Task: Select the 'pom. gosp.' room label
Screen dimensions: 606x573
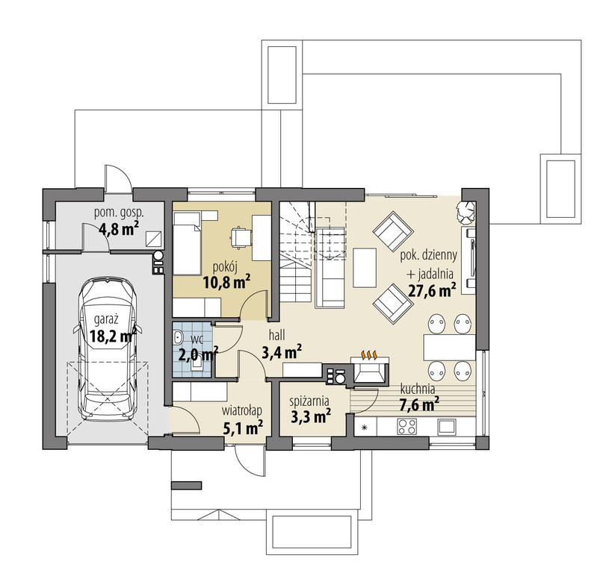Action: [119, 212]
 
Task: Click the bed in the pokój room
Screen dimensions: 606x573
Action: [187, 244]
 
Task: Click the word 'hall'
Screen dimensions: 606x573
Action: [276, 335]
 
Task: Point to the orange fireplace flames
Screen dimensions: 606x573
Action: [368, 355]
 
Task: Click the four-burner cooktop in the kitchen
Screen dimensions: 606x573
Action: [406, 426]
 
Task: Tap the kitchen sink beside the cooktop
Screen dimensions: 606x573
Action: [448, 426]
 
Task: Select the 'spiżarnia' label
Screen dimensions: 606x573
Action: [309, 402]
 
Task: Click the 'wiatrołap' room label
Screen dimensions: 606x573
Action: [242, 411]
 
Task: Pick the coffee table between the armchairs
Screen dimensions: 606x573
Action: [365, 267]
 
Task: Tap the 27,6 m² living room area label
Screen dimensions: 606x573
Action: [432, 290]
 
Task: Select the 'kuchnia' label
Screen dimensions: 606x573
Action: [418, 389]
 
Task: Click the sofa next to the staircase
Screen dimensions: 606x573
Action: [330, 268]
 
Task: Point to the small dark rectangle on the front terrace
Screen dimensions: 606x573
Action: [186, 486]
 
